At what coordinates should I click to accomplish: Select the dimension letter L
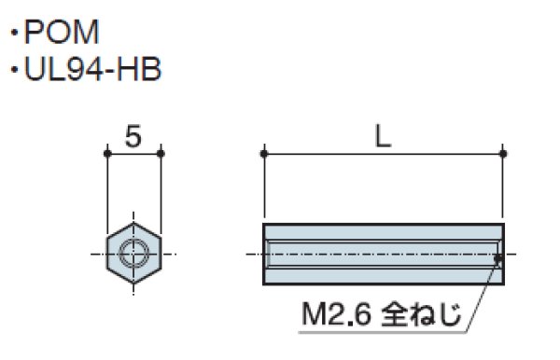(x=383, y=137)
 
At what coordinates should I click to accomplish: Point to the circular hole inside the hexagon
(x=134, y=252)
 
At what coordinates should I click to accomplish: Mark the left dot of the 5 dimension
(x=106, y=153)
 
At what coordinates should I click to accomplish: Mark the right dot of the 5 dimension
(x=161, y=153)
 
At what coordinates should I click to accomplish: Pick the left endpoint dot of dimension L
(x=264, y=153)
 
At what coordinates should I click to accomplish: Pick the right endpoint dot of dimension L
(x=503, y=153)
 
